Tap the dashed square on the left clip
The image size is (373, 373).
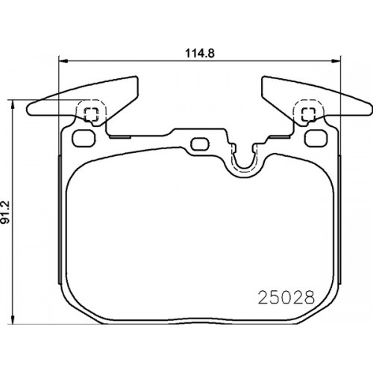pos(91,113)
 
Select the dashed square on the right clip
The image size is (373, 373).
pos(306,113)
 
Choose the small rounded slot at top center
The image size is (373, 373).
pos(199,144)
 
